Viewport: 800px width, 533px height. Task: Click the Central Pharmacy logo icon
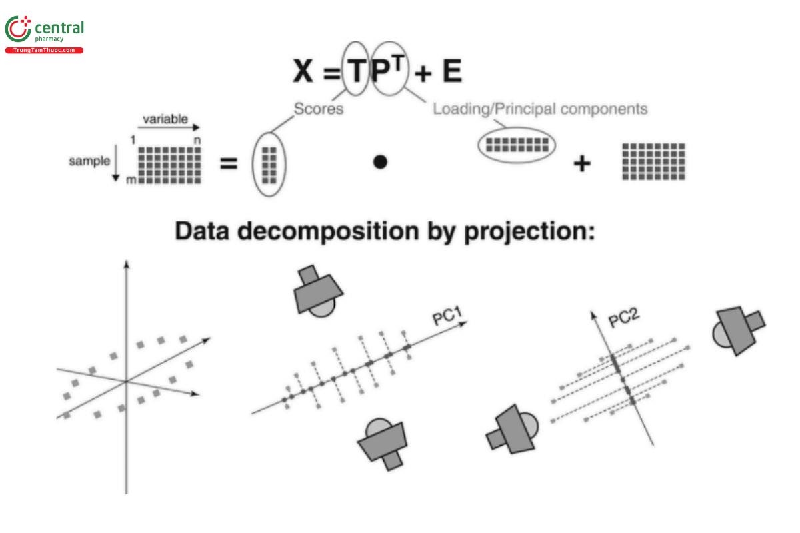18,31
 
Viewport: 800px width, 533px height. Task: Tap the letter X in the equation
303,72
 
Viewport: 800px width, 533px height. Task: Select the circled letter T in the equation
357,70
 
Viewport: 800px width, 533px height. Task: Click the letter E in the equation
452,72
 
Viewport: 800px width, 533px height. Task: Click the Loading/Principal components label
540,109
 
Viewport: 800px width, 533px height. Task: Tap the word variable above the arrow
165,120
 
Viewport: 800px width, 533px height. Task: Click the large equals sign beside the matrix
229,163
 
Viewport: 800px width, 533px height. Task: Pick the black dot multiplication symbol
380,162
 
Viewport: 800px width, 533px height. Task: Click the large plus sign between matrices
582,163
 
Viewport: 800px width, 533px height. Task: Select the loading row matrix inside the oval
517,144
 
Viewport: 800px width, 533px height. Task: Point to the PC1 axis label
447,318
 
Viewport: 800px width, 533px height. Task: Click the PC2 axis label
625,318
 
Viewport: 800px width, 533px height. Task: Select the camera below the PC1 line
383,441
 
